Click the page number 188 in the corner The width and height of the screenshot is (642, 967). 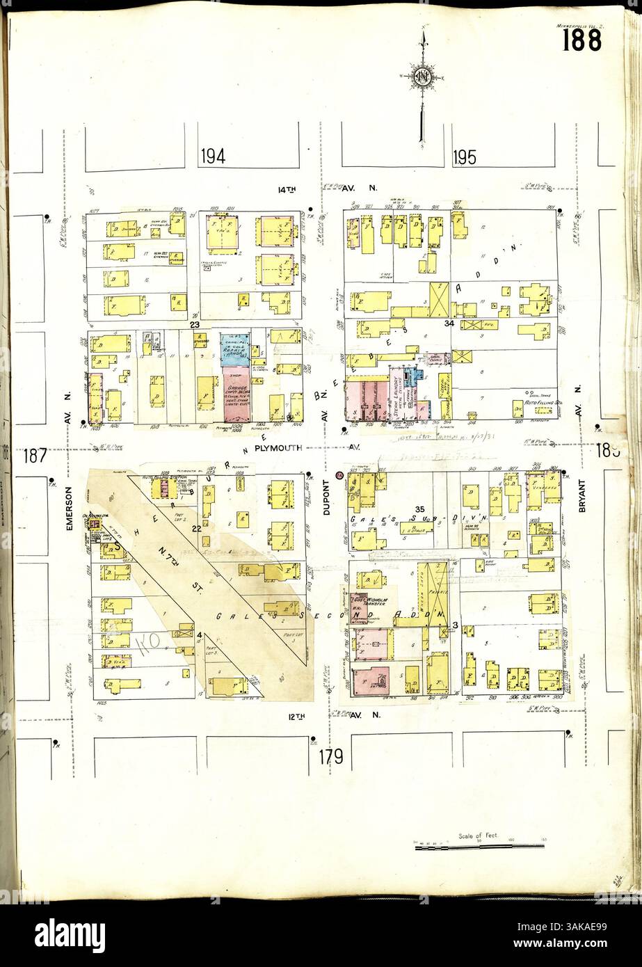581,41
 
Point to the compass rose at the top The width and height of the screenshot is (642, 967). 421,78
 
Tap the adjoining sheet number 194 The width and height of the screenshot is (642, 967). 213,157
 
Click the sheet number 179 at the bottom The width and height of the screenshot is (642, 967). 332,756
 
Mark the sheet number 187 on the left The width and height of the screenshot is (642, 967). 34,456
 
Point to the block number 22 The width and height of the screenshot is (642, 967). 197,529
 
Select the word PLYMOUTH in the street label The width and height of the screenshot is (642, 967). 278,449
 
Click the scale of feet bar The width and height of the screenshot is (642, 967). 479,847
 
